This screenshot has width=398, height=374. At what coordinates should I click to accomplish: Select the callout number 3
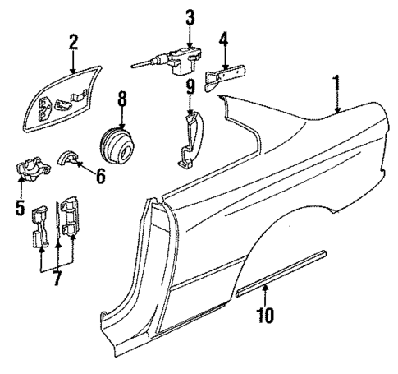coord(190,17)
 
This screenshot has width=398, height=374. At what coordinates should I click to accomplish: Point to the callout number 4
coord(224,39)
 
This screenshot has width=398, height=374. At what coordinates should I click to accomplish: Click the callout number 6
coord(100,175)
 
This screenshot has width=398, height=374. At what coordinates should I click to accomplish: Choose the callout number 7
coord(56,279)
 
